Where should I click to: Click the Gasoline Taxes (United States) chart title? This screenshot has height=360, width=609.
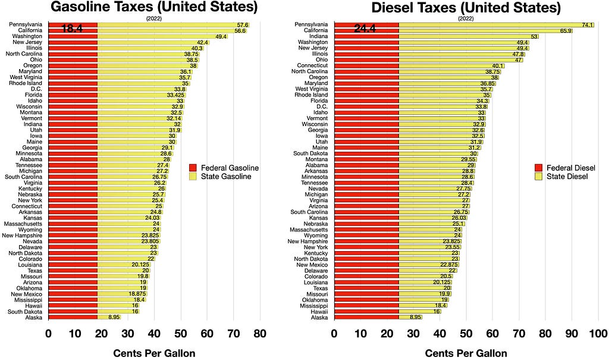(x=154, y=7)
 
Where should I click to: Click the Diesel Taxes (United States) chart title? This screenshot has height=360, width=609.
(x=466, y=7)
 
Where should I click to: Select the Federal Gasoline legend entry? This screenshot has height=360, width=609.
(x=224, y=168)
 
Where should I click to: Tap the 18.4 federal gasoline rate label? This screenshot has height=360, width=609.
(x=72, y=29)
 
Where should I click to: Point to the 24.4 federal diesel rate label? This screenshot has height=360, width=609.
(x=365, y=29)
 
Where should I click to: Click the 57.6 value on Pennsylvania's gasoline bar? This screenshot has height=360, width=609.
(x=243, y=25)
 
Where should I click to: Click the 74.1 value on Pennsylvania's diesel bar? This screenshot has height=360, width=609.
(x=588, y=25)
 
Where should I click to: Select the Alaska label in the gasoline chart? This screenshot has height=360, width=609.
(x=34, y=318)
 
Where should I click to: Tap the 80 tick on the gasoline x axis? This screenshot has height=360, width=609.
(x=260, y=334)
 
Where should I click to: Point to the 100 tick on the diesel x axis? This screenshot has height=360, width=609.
(x=598, y=334)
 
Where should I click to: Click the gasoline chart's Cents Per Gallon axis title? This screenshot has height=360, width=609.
(x=154, y=353)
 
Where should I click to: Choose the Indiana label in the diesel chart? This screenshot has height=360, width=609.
(x=319, y=36)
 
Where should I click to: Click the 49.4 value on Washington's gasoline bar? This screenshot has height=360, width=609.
(x=221, y=36)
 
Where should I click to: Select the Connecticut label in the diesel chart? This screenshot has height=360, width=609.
(x=312, y=65)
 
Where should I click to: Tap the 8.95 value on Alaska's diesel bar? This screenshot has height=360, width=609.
(x=416, y=317)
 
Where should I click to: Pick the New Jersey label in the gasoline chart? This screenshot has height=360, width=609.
(x=27, y=42)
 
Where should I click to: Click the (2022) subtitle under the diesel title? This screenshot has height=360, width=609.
(x=466, y=18)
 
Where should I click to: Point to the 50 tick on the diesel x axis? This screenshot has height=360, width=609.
(x=466, y=334)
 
